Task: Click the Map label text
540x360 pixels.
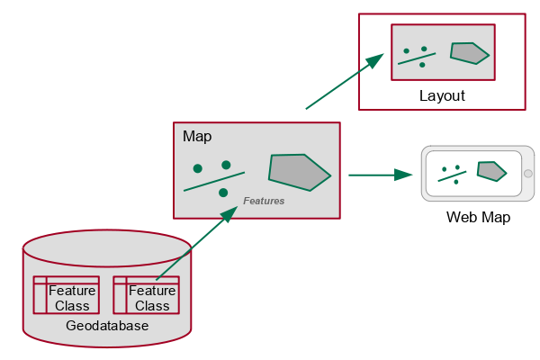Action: tap(197, 137)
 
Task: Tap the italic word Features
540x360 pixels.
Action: tap(264, 201)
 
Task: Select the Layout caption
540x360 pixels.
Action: tap(442, 95)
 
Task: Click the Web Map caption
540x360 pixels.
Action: tap(478, 218)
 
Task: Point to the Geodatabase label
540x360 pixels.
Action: tap(107, 326)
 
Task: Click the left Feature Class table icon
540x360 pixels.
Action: tap(66, 295)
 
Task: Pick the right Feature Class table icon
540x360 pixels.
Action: tap(146, 295)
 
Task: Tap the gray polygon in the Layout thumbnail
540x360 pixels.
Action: tap(469, 53)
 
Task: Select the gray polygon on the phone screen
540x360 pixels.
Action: tap(490, 170)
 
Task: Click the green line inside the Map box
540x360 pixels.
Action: tap(214, 181)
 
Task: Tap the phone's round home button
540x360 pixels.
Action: tap(528, 173)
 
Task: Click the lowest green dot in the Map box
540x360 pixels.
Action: tap(223, 193)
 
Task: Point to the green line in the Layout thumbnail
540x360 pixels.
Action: tap(417, 58)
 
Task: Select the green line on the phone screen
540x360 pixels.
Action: tap(452, 175)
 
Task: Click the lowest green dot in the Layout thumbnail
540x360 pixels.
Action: tap(422, 65)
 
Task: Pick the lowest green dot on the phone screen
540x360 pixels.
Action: tap(456, 182)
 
